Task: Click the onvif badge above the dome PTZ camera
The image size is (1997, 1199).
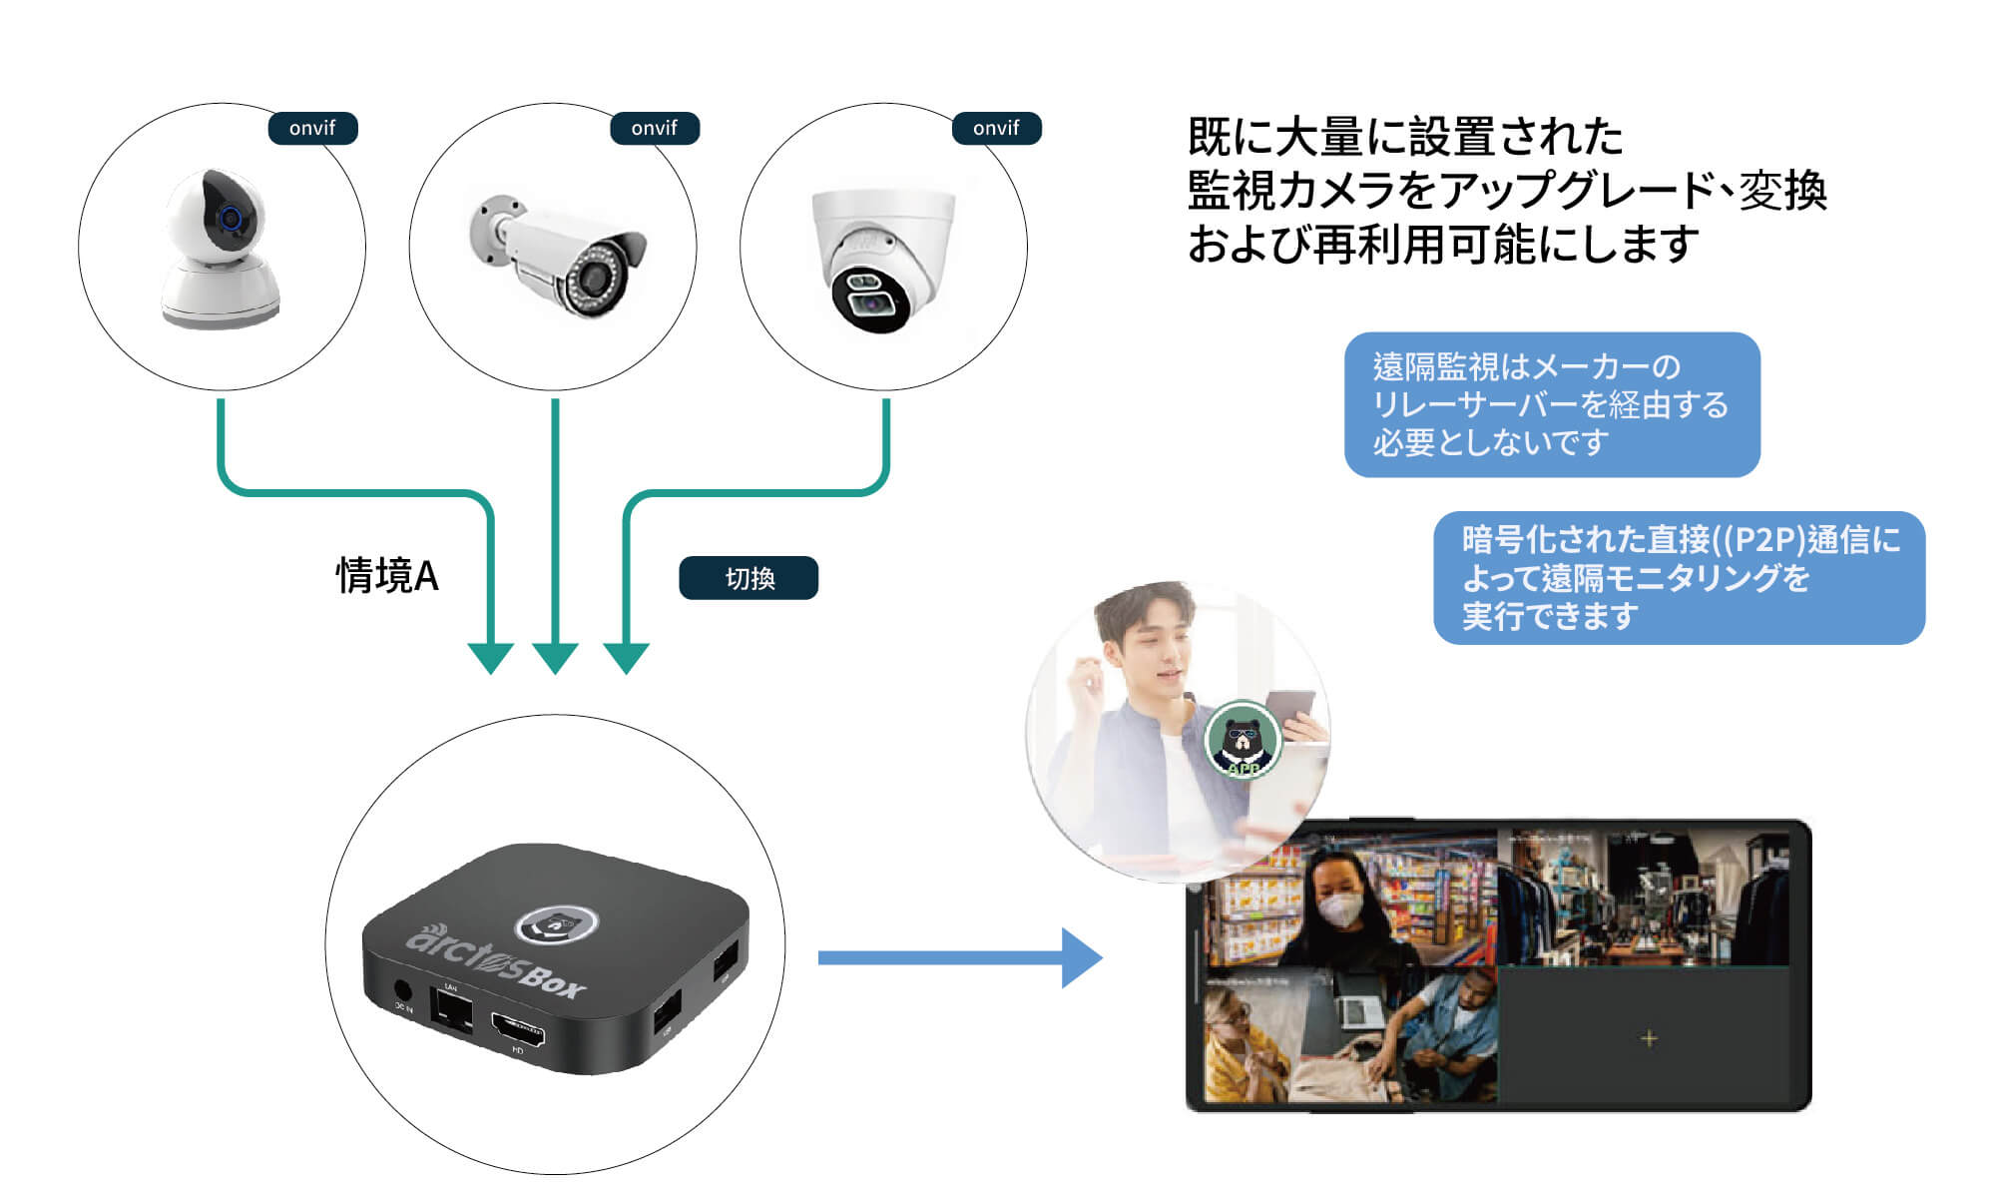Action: tap(312, 128)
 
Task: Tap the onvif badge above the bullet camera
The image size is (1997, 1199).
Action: tap(655, 128)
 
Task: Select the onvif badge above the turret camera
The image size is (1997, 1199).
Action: tap(996, 128)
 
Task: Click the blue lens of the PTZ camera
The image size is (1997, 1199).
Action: tap(232, 218)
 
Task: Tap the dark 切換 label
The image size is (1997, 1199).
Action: tap(749, 578)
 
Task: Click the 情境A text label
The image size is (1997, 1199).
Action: tap(387, 576)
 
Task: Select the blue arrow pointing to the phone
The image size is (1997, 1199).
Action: tap(958, 957)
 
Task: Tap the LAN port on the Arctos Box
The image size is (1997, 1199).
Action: tap(452, 1009)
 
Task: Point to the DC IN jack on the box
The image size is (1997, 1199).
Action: tap(403, 991)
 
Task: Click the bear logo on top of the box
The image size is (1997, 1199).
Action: tap(556, 924)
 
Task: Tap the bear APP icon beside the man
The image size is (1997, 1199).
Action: tap(1243, 740)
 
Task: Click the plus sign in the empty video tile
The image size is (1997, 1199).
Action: tap(1649, 1038)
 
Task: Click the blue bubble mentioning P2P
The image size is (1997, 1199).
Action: tap(1679, 578)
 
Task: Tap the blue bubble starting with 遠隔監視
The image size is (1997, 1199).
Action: tap(1551, 404)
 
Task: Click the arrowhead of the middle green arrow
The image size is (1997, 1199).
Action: tap(555, 658)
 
